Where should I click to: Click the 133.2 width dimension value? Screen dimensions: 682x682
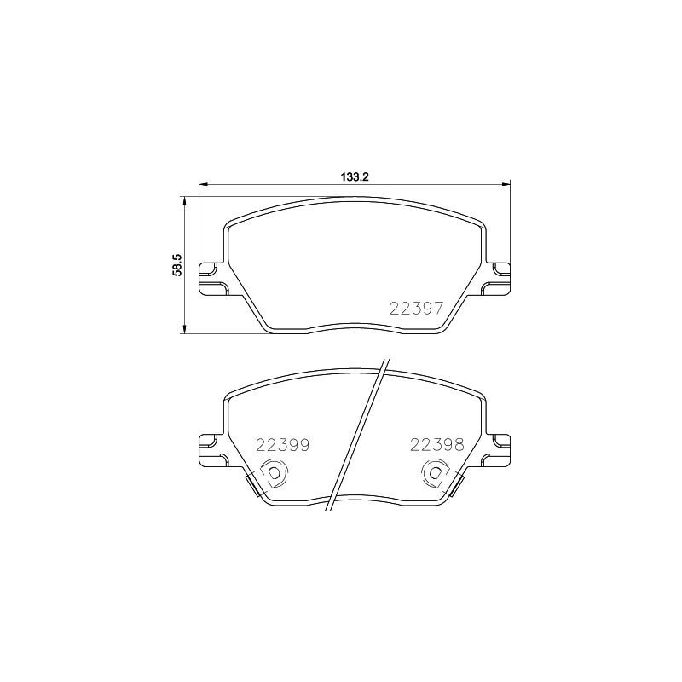[355, 177]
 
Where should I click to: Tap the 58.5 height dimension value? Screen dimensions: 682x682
[177, 265]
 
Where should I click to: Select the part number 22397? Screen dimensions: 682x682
[416, 309]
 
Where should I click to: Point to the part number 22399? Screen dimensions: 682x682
[282, 445]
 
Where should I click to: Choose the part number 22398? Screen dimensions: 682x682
[437, 444]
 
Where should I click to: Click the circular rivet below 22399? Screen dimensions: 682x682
[274, 473]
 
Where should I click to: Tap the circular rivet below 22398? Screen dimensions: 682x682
[436, 473]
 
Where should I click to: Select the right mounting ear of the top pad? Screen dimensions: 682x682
[496, 280]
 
